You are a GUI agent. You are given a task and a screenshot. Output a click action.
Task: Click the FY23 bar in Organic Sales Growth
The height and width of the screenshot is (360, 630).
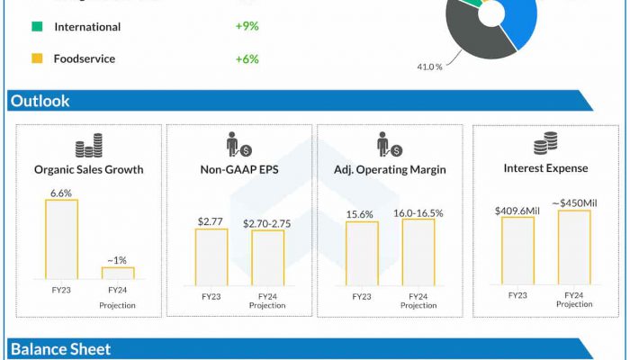(x=61, y=238)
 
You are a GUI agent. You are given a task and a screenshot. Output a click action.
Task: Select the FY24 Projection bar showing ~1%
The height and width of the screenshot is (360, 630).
(x=118, y=273)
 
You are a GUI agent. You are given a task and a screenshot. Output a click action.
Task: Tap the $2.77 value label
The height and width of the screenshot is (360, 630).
(x=210, y=220)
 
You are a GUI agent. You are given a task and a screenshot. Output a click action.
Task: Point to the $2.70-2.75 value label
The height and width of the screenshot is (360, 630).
(x=267, y=220)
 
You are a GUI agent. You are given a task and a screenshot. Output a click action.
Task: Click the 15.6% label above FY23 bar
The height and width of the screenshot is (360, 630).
(x=361, y=213)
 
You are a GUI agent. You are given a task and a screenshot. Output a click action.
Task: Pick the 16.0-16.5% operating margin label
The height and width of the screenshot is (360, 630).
(x=418, y=213)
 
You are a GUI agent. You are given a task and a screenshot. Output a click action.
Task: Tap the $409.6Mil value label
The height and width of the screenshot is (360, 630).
(x=517, y=210)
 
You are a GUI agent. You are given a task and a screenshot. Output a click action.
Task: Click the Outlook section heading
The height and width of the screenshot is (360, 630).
(x=40, y=102)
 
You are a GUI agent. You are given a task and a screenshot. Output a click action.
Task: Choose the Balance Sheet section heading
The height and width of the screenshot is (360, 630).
(x=60, y=349)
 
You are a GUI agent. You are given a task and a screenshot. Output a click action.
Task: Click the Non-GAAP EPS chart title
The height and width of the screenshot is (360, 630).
(x=238, y=168)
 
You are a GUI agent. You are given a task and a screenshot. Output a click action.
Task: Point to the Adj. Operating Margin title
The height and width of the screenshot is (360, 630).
(x=390, y=168)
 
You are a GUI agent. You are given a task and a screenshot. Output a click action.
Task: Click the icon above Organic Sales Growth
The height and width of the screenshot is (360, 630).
(x=88, y=147)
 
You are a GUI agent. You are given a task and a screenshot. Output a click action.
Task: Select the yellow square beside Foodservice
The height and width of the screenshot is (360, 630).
(x=36, y=59)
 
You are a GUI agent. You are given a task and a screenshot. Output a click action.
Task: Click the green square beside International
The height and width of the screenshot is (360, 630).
(x=36, y=27)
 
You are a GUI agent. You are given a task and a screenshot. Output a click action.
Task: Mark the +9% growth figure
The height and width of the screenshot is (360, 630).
(x=247, y=27)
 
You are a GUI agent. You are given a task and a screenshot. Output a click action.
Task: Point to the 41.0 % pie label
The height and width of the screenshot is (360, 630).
(x=429, y=67)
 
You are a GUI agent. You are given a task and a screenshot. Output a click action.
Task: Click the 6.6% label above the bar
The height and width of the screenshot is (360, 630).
(x=61, y=193)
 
